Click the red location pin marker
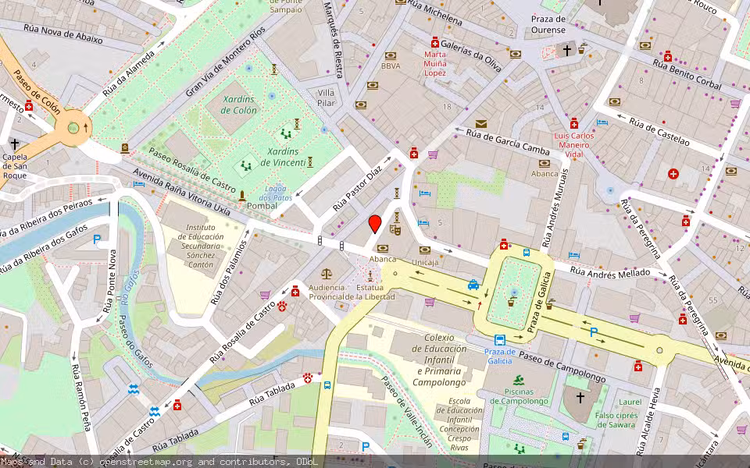(375, 224)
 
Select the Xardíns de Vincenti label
(282, 156)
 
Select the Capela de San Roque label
(15, 165)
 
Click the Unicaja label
(425, 262)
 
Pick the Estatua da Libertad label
(370, 292)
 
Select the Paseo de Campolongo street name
(561, 367)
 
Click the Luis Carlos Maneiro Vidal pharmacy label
(574, 144)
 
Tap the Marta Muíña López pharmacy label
(435, 63)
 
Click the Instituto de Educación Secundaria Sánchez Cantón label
(200, 247)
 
